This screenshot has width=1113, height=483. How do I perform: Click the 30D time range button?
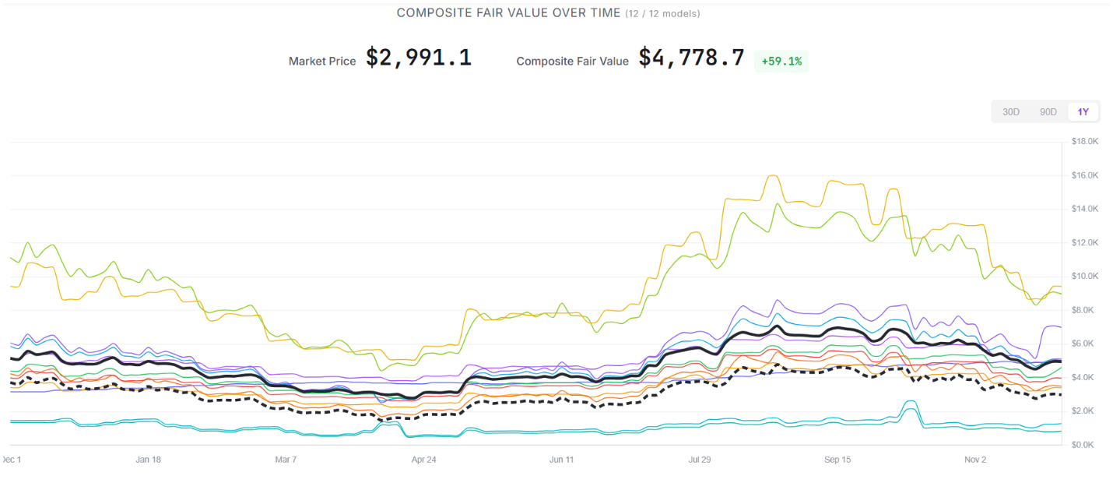coord(1010,112)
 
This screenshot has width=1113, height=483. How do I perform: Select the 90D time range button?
coord(1048,112)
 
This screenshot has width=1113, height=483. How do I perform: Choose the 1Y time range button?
coord(1083,112)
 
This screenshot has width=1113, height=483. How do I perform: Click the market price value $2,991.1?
coord(419,58)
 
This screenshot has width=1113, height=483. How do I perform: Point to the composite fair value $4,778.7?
coord(691,58)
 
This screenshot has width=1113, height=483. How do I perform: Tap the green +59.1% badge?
coord(781,61)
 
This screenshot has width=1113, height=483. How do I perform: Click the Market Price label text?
coord(322,61)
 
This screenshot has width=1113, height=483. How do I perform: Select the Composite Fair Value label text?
coord(572,61)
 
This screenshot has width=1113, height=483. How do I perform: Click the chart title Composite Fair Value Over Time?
coord(508,13)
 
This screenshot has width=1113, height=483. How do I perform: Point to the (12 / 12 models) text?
coord(662,14)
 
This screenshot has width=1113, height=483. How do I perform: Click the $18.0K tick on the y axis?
coord(1084,142)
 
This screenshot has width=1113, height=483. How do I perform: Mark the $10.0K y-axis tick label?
coord(1084,277)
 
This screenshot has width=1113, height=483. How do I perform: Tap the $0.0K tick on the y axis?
coord(1084,445)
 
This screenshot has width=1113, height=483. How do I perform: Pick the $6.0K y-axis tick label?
coord(1084,344)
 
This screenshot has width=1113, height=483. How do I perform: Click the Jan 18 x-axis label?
coord(148,460)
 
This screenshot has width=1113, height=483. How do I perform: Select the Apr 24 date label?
coord(423,460)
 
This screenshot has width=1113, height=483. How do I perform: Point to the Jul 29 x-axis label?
coord(699,460)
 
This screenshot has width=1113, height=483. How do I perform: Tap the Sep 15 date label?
coord(837,460)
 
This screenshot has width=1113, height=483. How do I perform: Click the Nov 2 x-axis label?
coord(975,460)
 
